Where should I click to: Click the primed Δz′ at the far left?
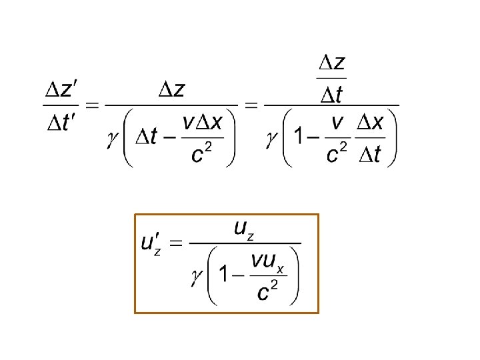pos(61,91)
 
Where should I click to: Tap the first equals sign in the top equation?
pos(93,106)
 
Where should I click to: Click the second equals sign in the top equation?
pos(252,106)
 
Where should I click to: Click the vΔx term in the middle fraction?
pos(207,123)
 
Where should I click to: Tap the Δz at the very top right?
pos(331,63)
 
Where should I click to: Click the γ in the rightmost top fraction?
pos(271,138)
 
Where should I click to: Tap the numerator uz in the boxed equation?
pos(244,230)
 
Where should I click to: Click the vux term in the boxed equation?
pos(267,262)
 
